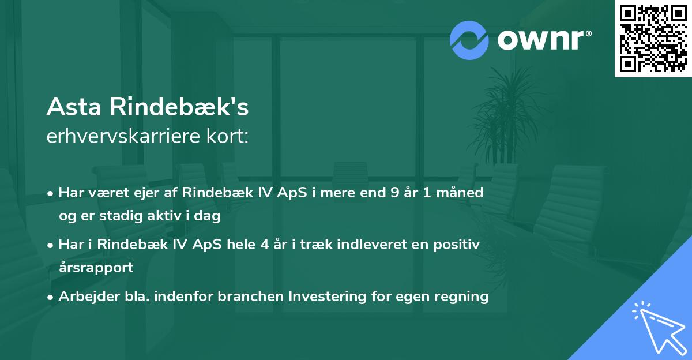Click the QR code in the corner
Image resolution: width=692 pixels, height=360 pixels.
click(x=653, y=39)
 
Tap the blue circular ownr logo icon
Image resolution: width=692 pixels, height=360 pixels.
click(x=469, y=40)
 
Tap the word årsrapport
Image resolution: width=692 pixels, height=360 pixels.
click(x=96, y=267)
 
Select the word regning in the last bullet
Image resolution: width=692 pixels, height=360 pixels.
click(x=463, y=297)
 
